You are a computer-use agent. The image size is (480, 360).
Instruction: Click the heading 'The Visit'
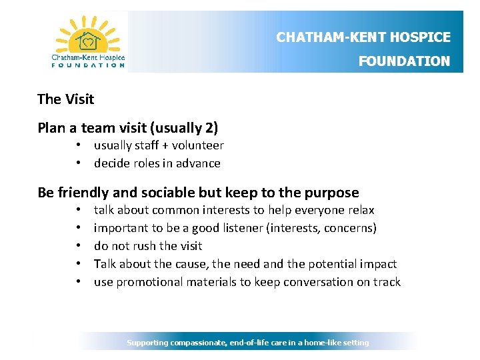(x=65, y=99)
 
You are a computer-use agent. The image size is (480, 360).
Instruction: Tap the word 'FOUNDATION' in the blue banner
(x=404, y=61)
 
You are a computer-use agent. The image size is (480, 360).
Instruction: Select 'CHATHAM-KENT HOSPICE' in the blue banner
(x=363, y=37)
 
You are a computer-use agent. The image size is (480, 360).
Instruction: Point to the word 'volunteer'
(x=198, y=145)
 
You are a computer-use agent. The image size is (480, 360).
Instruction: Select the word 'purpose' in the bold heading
(x=331, y=193)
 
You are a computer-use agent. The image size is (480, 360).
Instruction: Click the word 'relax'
(x=360, y=210)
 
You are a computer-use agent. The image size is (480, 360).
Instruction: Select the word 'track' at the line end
(x=386, y=282)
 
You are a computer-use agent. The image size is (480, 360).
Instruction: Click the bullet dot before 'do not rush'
(x=78, y=246)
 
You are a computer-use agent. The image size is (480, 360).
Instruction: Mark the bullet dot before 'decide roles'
(x=78, y=163)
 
